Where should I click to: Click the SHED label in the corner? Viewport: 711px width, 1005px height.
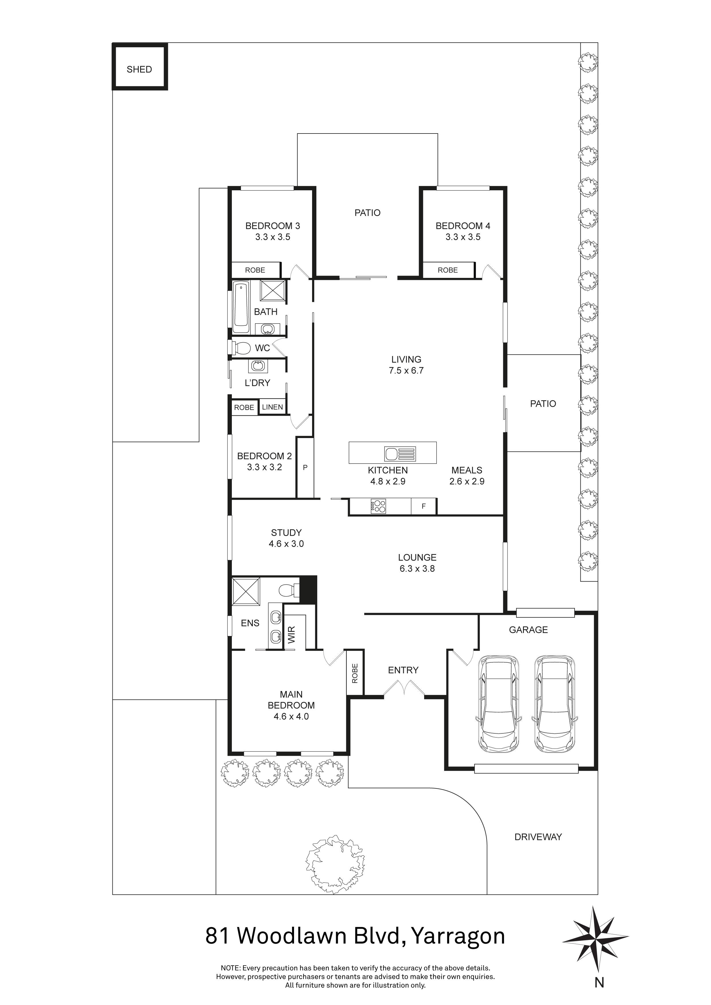(139, 69)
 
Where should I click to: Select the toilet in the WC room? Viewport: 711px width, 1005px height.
(241, 348)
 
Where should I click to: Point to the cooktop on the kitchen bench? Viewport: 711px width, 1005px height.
(378, 507)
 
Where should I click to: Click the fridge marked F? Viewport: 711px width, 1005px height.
(423, 507)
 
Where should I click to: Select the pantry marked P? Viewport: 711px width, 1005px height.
(305, 468)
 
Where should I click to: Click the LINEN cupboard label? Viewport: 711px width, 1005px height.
(272, 407)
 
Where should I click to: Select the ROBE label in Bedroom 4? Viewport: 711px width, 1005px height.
(447, 270)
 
